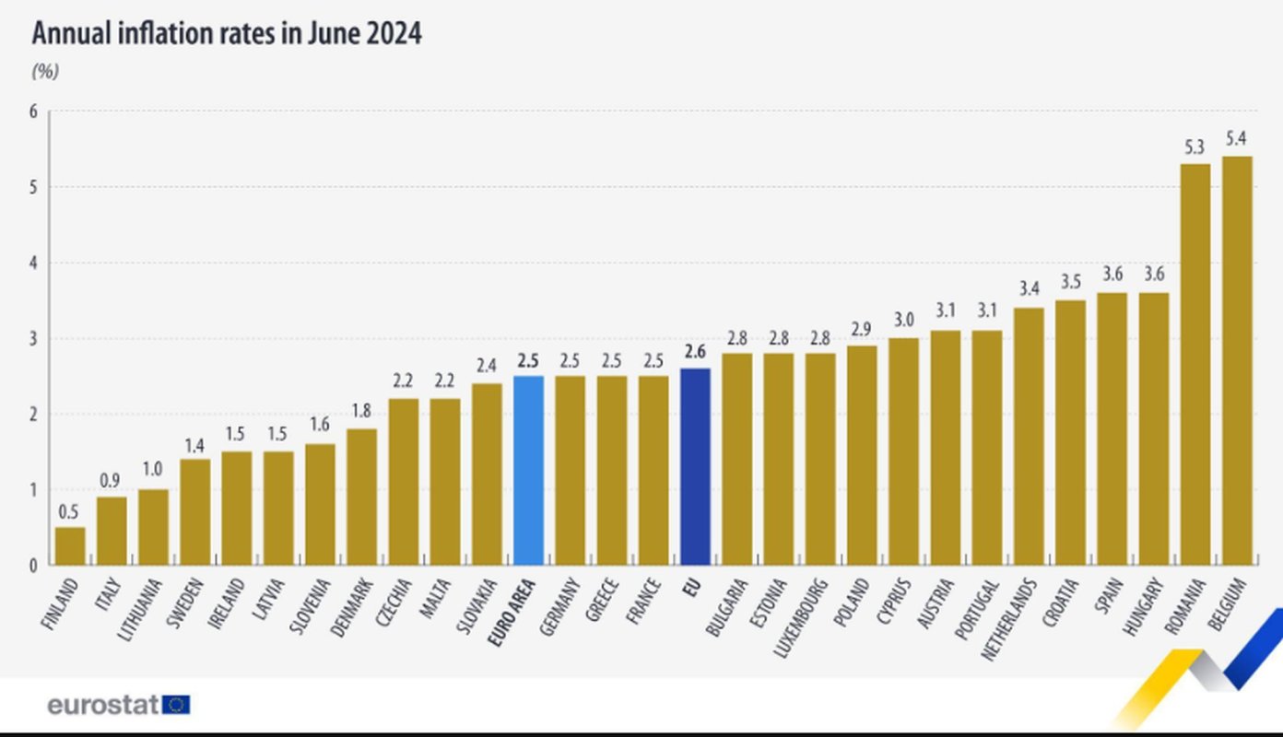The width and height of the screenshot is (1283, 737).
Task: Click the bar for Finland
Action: (x=70, y=545)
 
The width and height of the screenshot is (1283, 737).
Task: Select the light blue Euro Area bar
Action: (x=528, y=470)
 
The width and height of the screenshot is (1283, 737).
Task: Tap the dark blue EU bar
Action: (x=695, y=466)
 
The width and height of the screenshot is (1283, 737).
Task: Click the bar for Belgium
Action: (x=1236, y=360)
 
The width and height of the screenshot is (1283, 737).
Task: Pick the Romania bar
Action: (x=1195, y=364)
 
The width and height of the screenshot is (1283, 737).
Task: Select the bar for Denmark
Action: (x=361, y=497)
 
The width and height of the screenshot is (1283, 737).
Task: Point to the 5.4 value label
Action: (x=1236, y=139)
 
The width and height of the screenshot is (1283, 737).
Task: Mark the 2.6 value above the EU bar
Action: (x=695, y=351)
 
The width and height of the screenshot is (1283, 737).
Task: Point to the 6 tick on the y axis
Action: (x=33, y=111)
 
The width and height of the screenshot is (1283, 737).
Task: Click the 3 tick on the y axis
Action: (x=33, y=338)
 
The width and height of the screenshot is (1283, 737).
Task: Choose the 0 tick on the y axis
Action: (x=33, y=565)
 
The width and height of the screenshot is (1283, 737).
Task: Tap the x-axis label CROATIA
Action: (x=1061, y=602)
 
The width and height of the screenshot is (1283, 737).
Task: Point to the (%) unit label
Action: (x=45, y=71)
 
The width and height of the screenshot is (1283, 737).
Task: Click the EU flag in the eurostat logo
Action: (x=176, y=705)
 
